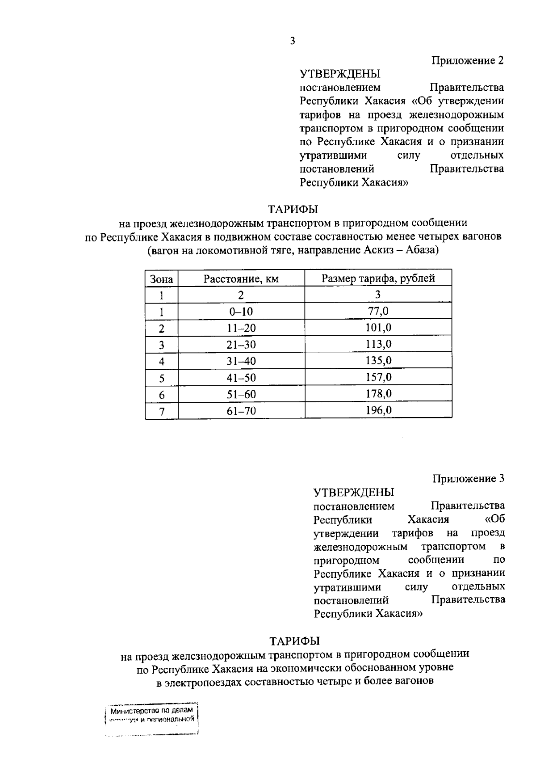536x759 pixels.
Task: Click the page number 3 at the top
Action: point(293,41)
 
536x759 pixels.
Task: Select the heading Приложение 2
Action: point(467,60)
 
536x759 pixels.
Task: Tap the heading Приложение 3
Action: point(468,479)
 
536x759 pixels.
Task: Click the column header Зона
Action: point(161,279)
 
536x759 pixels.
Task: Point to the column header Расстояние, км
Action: point(241,279)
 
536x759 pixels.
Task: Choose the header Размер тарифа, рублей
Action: point(378,278)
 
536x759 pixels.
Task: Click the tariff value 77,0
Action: point(378,311)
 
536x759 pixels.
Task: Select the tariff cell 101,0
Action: point(378,328)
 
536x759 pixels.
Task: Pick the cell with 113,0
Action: point(378,344)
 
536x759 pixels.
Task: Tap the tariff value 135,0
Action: point(378,361)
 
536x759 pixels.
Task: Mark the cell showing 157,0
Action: point(378,377)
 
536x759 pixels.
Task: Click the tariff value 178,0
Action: point(378,394)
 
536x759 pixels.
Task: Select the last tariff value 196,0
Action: point(378,410)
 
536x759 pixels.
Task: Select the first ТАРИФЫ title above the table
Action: point(293,209)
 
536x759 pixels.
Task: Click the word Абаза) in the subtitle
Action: point(422,250)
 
